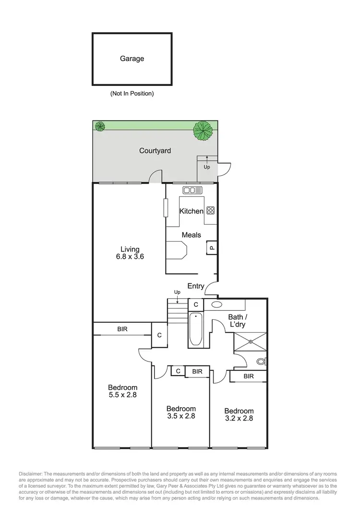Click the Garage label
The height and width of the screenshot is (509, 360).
coord(132,59)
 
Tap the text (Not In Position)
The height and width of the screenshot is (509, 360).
coord(132,94)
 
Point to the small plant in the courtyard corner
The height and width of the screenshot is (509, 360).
coord(100,127)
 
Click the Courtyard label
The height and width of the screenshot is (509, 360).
coord(155,151)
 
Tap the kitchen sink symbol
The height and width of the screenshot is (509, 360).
coord(192,190)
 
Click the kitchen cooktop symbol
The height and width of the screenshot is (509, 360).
coord(211,210)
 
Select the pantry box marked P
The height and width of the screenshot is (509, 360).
coord(211,248)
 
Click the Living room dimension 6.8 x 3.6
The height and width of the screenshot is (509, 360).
coord(130,256)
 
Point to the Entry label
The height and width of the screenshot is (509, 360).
coord(196,286)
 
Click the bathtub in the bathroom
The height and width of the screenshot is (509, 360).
coord(196,329)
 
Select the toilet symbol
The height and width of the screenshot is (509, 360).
coord(261,361)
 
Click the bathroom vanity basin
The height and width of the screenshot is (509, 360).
coord(216,304)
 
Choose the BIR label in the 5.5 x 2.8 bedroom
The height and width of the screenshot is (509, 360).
coord(122,329)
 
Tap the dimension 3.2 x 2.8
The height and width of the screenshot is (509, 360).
coord(239,418)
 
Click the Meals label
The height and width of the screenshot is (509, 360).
coord(191,235)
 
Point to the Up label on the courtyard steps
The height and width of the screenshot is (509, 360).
coord(207,167)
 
